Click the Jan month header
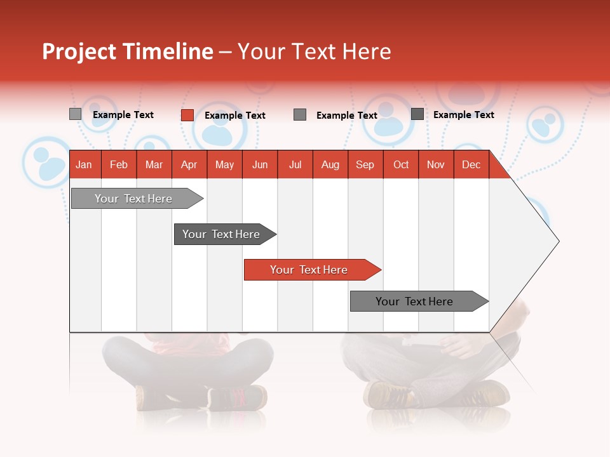coord(85,164)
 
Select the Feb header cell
coord(119,164)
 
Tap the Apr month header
coord(189,164)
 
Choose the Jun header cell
coord(260,164)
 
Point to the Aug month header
coord(330,164)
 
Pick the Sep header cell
coord(365,164)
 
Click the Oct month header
coord(401,164)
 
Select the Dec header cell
coord(471,164)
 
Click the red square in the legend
coord(187,115)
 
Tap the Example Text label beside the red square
coord(235,116)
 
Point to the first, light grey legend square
coord(76,114)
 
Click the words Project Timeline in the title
coord(128,51)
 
